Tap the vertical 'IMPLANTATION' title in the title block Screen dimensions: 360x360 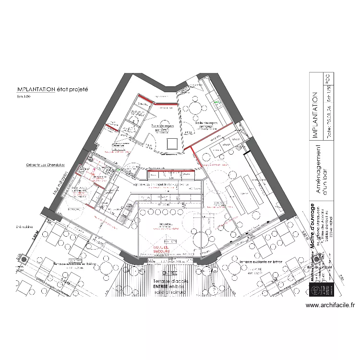315,116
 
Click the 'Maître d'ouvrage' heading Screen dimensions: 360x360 312,226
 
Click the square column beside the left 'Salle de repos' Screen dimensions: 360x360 172,144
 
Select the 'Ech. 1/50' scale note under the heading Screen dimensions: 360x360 24,97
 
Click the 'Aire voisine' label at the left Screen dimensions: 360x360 23,227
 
